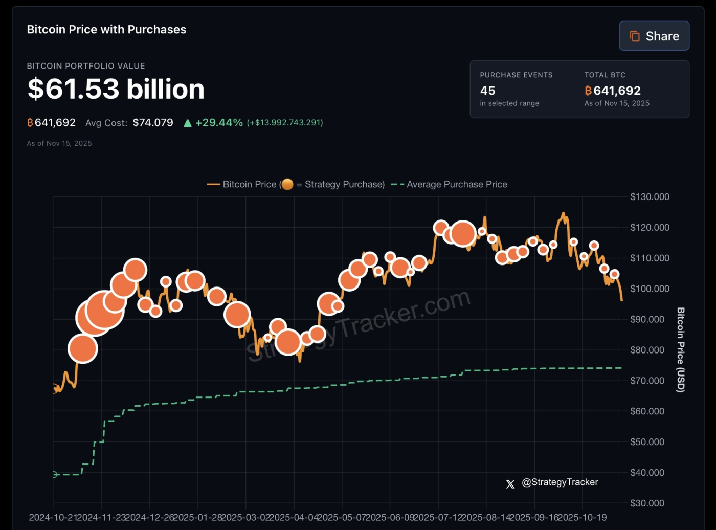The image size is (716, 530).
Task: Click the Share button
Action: click(654, 36)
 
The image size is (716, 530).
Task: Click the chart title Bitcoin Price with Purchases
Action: click(106, 29)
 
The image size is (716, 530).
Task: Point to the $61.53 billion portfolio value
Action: click(116, 89)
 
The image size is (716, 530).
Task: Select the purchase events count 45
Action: click(487, 91)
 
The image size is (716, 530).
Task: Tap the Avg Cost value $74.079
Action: click(153, 123)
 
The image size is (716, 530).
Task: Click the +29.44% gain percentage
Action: click(219, 123)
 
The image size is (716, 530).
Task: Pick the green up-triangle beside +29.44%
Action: click(188, 123)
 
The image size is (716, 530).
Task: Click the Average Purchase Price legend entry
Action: click(456, 184)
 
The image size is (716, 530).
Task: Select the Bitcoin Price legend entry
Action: click(249, 184)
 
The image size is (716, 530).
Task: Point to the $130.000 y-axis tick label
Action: click(650, 197)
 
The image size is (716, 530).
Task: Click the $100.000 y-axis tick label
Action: click(650, 289)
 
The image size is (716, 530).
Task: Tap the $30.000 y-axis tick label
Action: click(647, 503)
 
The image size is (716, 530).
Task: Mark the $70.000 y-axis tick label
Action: click(647, 381)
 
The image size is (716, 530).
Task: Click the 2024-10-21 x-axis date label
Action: click(53, 517)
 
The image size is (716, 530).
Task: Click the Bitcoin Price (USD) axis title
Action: click(681, 350)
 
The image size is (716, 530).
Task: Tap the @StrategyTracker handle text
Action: click(560, 482)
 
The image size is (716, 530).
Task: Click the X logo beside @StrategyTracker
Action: click(510, 484)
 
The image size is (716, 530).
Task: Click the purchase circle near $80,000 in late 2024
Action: click(83, 349)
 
